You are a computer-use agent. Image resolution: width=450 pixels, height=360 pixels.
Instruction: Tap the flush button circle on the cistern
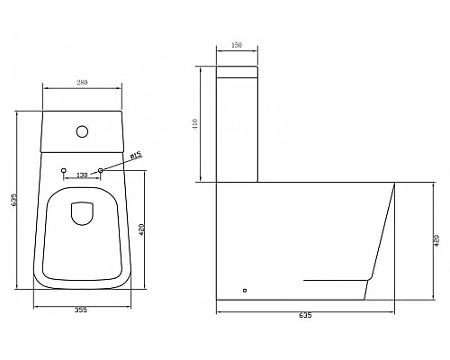point(83,131)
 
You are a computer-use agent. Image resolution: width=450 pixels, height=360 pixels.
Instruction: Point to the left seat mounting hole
point(63,170)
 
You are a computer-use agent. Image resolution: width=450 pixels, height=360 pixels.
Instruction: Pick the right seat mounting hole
point(102,170)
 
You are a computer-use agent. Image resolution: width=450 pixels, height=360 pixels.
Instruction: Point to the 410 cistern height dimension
point(197,124)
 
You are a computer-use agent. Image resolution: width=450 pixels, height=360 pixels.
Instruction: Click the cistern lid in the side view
point(238,71)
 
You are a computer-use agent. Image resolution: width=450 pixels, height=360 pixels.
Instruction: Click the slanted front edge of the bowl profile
point(384,229)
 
